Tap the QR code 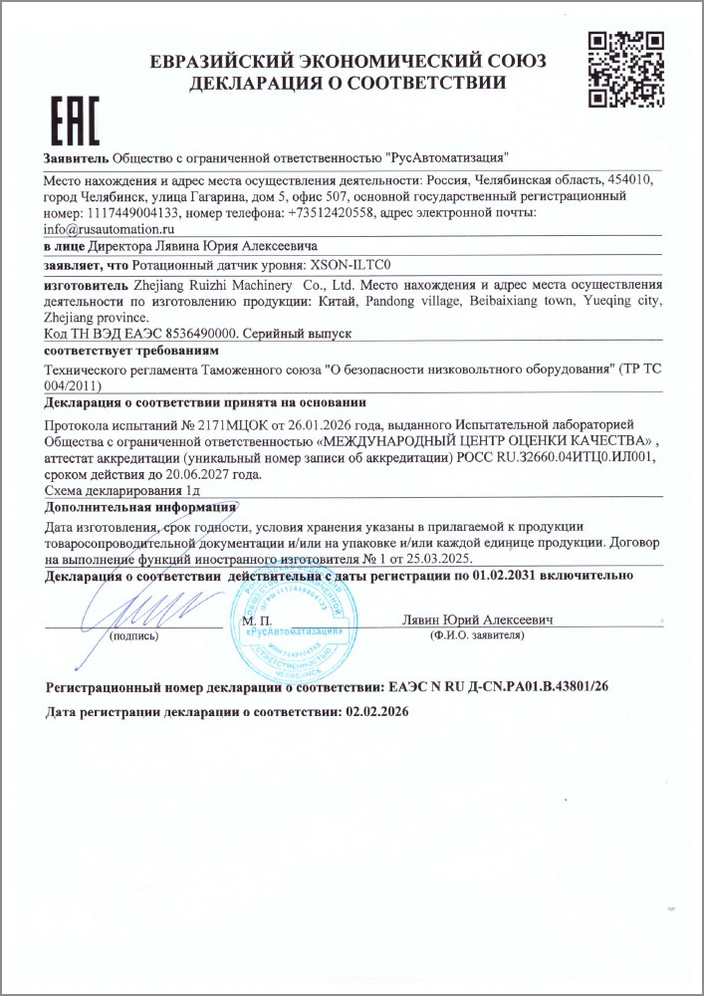click(x=626, y=69)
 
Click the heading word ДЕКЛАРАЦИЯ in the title click(x=261, y=83)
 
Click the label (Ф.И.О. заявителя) click(x=476, y=634)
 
